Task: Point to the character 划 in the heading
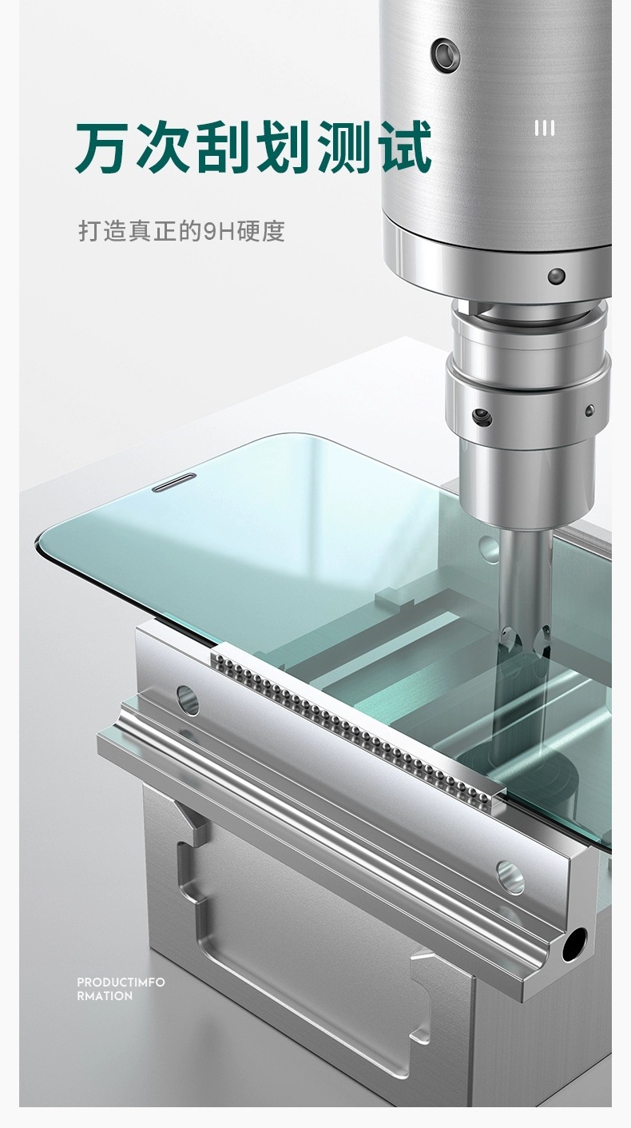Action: tap(283, 146)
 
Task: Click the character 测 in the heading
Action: tap(343, 146)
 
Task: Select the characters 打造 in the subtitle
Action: tap(103, 231)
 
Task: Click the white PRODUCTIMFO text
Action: tap(121, 983)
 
